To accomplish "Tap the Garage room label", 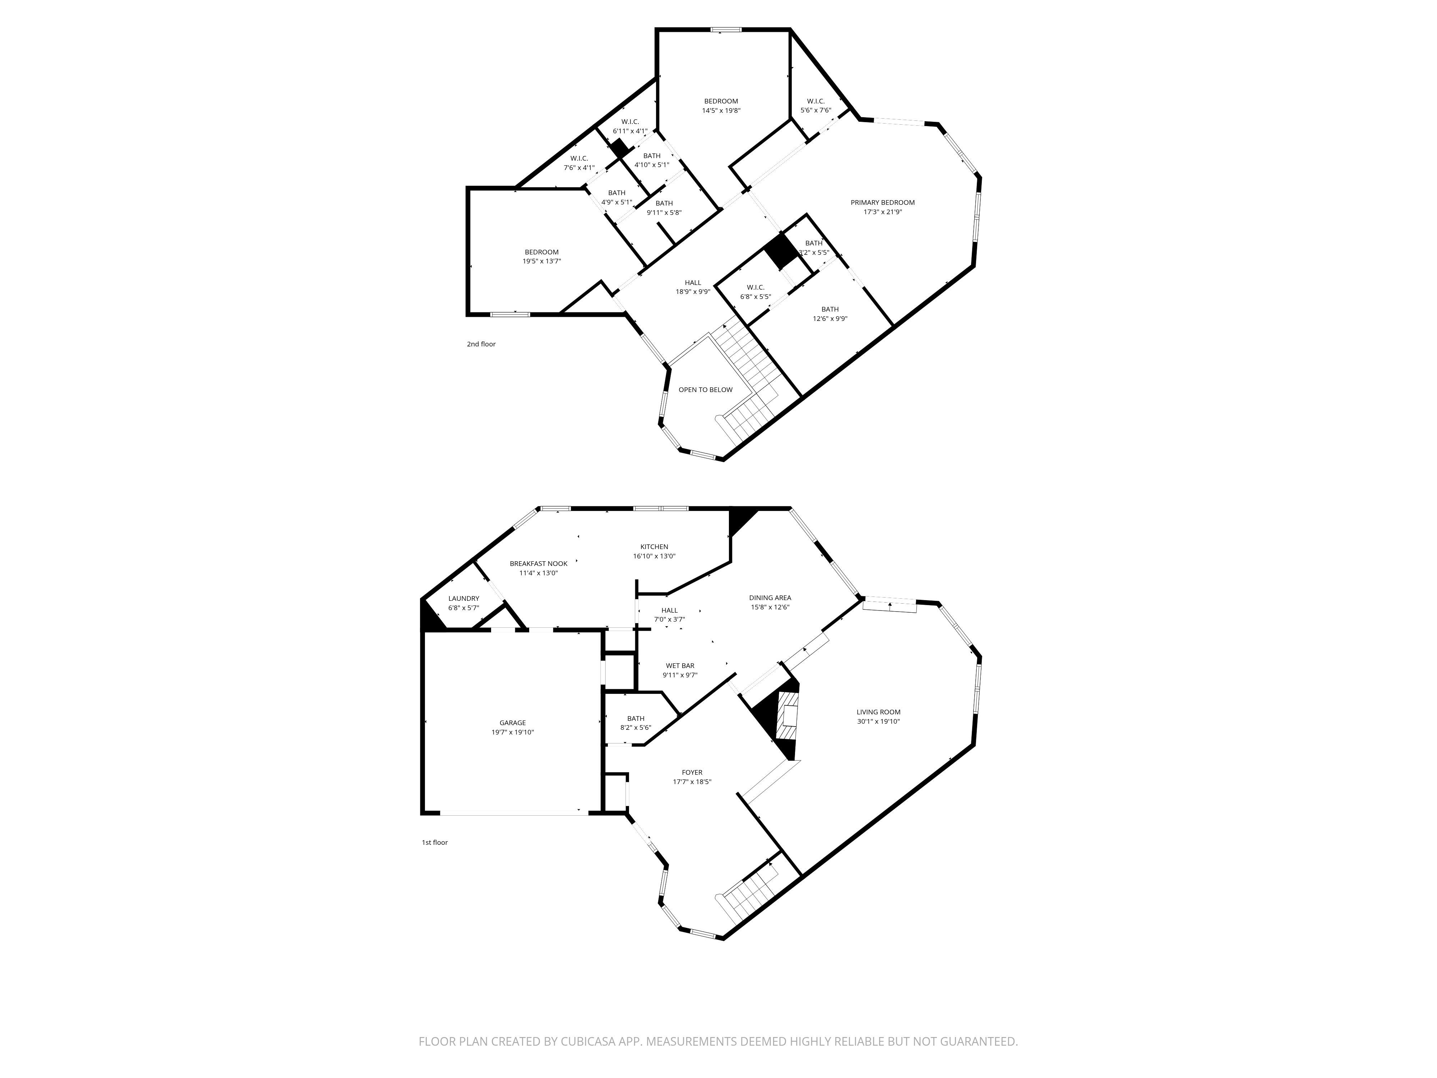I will click(513, 723).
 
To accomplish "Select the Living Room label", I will click(878, 711).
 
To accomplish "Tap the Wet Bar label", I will click(680, 665).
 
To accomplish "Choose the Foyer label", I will click(692, 773).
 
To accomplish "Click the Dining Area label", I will click(770, 598).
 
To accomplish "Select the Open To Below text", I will click(706, 390).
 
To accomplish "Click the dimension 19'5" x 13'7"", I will click(542, 261).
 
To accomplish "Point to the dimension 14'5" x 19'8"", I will click(721, 110).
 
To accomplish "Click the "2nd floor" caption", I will click(481, 344).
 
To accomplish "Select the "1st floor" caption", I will click(435, 843).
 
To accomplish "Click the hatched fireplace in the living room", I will click(787, 717).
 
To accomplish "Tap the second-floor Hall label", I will click(693, 283).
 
